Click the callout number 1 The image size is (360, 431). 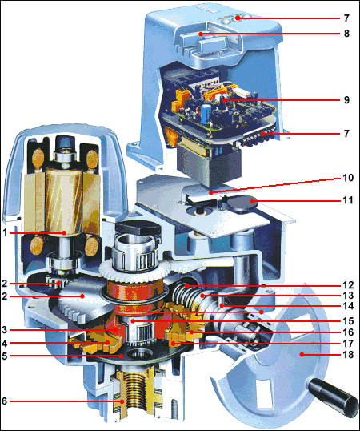coord(5,233)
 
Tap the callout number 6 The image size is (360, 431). coord(4,401)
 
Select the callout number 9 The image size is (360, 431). coord(346,100)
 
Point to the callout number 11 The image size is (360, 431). coord(348,200)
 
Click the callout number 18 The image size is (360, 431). coord(348,355)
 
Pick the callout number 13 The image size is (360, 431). coord(348,296)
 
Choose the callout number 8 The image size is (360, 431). coord(346,34)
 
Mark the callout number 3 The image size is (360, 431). coord(4,329)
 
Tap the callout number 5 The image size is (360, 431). coord(4,356)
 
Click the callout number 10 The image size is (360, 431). coord(348,178)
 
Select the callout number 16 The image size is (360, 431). coord(348,332)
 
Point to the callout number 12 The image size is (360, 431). coord(348,285)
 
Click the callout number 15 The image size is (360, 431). coord(348,320)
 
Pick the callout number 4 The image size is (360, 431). coord(4,343)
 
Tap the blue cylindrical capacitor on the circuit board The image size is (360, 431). coord(206,112)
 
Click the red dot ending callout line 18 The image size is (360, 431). coord(302,355)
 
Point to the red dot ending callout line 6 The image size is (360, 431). coord(122,401)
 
